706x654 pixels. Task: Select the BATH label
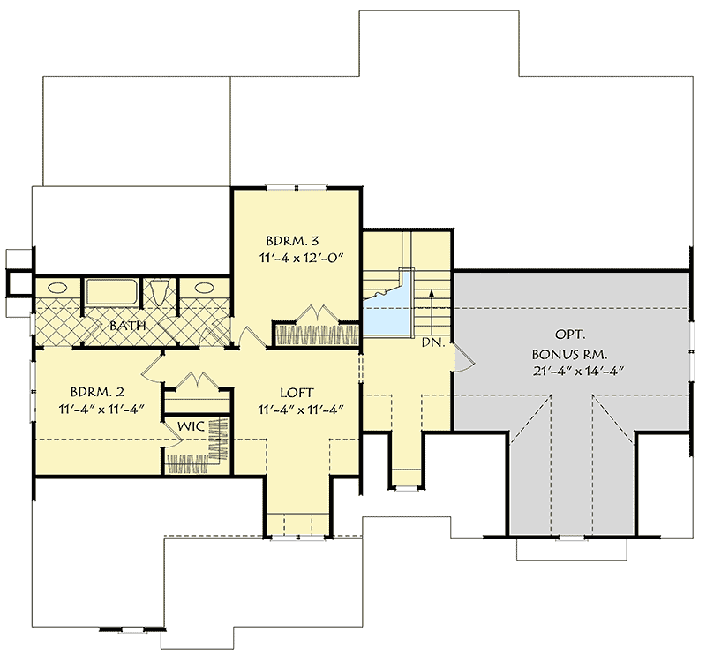click(127, 326)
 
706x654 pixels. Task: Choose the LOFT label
click(297, 393)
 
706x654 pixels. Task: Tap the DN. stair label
click(432, 341)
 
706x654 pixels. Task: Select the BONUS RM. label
click(566, 353)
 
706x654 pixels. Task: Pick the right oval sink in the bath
click(206, 288)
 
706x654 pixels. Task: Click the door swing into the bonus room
click(462, 355)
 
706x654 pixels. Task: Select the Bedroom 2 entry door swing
click(151, 365)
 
